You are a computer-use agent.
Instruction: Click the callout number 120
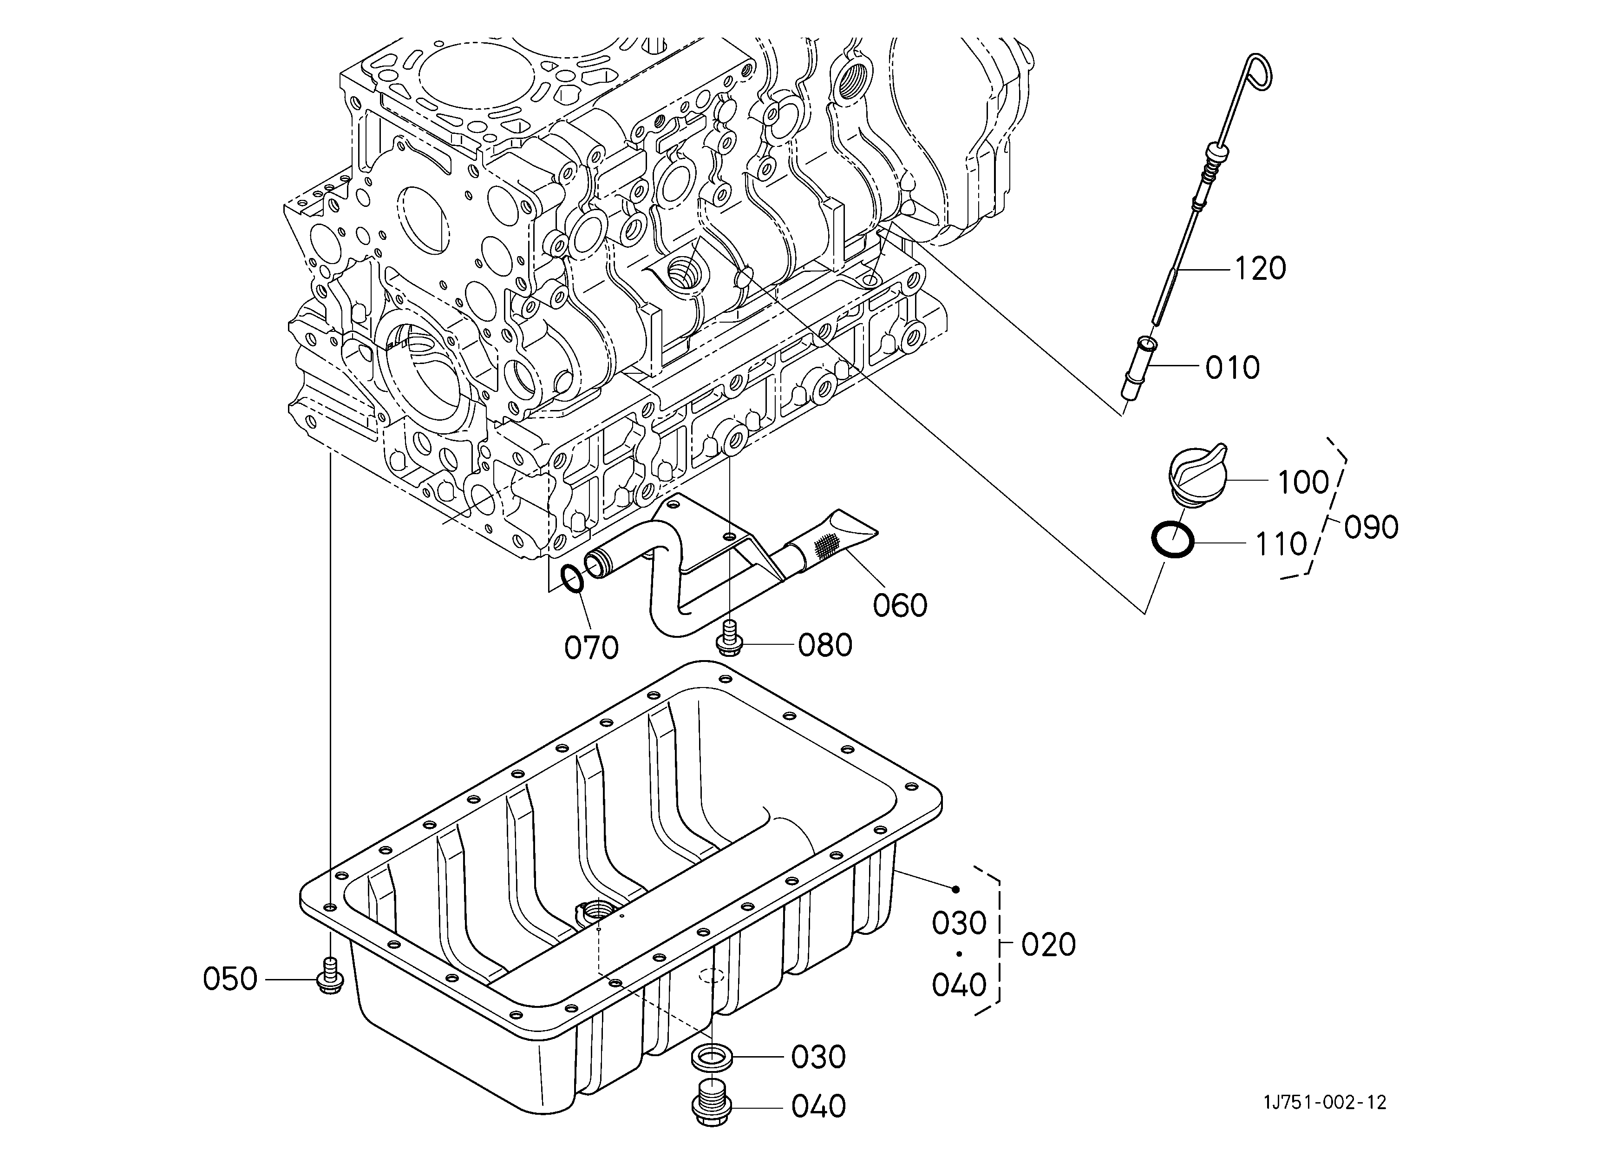tap(1260, 269)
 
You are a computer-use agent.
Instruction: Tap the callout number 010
tap(1233, 368)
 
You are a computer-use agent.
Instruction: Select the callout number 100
tap(1303, 483)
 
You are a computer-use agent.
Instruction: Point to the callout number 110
tap(1281, 544)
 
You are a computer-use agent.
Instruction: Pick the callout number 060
tap(900, 606)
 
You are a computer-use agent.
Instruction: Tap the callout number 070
tap(591, 648)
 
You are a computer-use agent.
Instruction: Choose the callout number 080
tap(825, 645)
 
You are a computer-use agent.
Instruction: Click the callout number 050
tap(230, 979)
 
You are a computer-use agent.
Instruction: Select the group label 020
tap(1048, 945)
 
